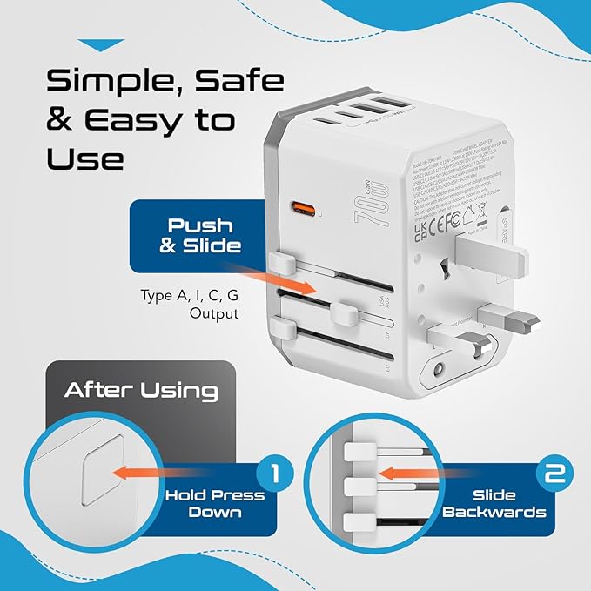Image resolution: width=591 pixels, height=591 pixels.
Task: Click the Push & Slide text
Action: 198,234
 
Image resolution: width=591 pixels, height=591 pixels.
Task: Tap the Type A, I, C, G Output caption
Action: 189,304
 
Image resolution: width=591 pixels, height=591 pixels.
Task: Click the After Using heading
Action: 140,389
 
